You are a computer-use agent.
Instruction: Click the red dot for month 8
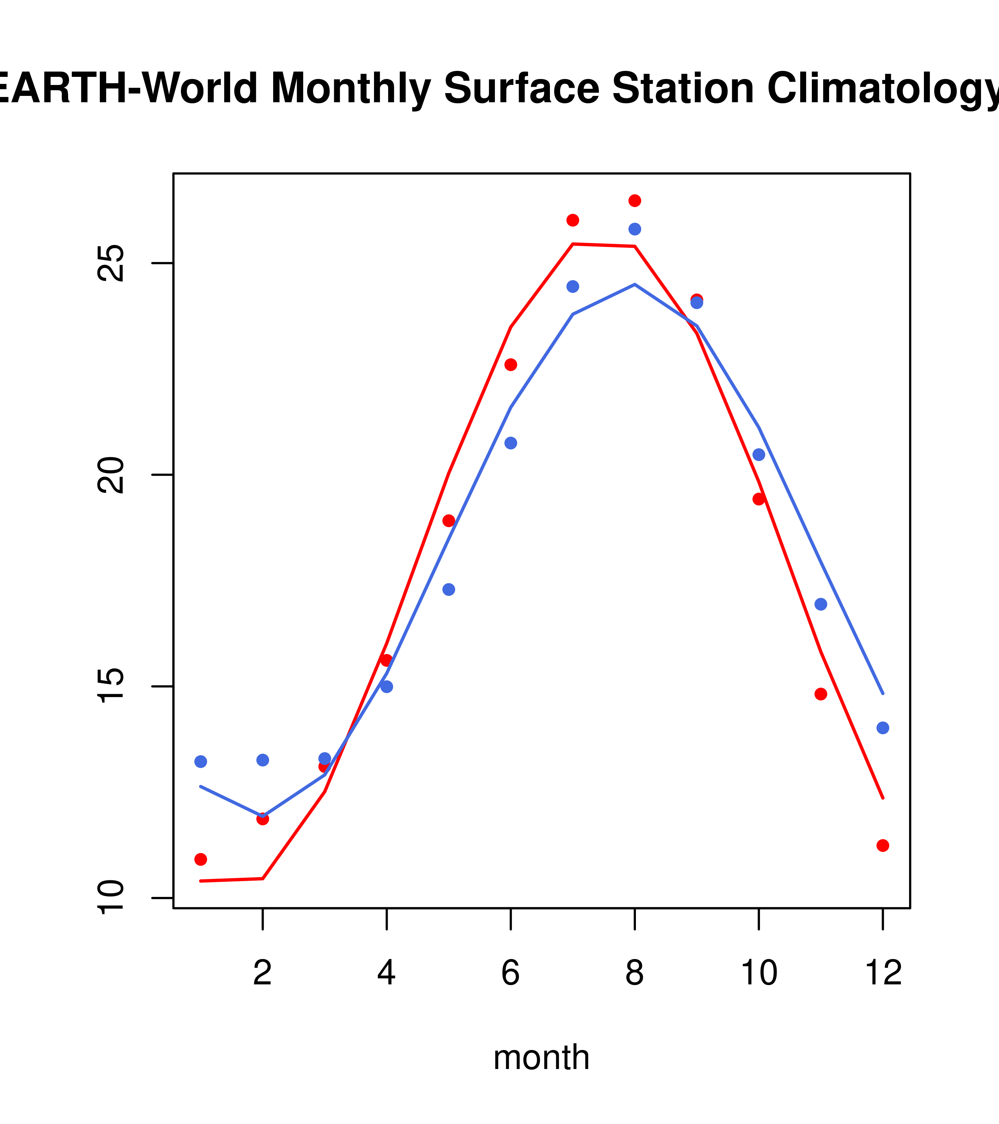[x=635, y=201]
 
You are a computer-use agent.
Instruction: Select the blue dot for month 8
[x=635, y=229]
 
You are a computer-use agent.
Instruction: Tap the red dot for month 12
[x=882, y=845]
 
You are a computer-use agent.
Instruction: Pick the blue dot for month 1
[x=201, y=762]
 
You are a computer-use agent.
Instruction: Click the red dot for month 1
[x=201, y=859]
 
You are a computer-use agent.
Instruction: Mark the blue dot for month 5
[x=449, y=590]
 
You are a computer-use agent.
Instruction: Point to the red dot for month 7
[x=572, y=220]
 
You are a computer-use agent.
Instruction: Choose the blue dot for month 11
[x=820, y=604]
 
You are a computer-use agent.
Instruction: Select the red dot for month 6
[x=511, y=365]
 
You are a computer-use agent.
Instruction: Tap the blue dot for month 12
[x=882, y=728]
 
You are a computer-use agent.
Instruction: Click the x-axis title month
[x=541, y=1057]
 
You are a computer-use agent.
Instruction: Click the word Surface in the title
[x=521, y=88]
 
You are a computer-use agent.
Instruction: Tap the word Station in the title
[x=682, y=88]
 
